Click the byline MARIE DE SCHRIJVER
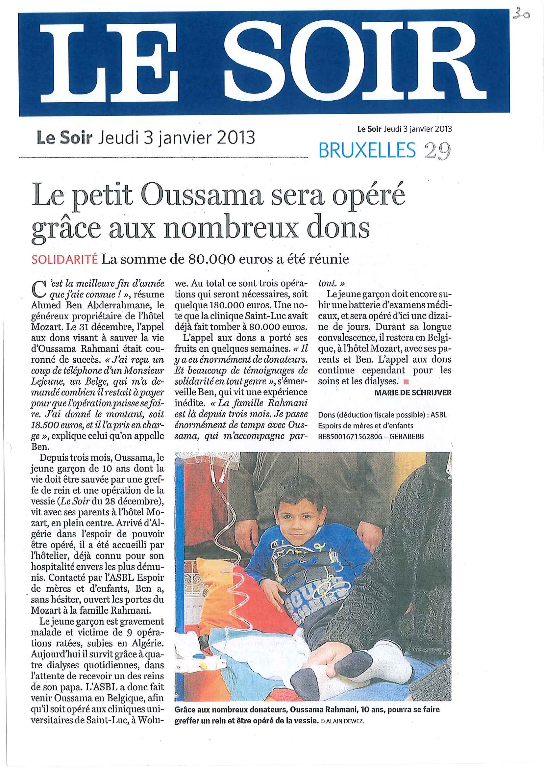click(413, 393)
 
